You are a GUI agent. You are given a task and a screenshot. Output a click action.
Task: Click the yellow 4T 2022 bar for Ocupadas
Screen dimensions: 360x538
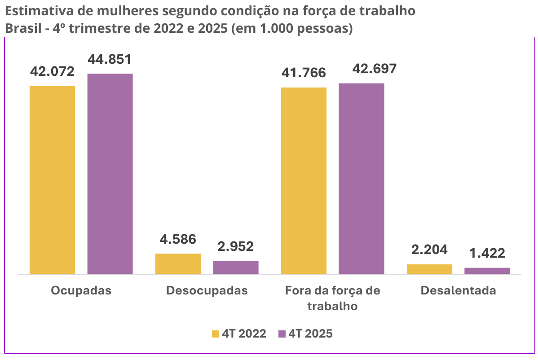click(x=52, y=180)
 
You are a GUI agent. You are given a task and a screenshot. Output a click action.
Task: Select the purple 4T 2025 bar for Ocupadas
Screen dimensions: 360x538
click(x=110, y=173)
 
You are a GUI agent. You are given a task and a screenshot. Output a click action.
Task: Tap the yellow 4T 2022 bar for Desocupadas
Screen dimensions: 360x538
click(x=178, y=263)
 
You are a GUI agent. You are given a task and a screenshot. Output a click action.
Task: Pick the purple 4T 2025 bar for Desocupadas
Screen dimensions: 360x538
click(x=236, y=267)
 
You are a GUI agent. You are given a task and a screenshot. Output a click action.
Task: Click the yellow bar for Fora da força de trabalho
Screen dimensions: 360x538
click(x=304, y=180)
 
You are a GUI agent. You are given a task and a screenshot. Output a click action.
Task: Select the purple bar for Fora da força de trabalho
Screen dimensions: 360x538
click(x=362, y=178)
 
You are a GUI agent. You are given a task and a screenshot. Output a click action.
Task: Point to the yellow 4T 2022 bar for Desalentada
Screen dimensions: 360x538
click(x=429, y=269)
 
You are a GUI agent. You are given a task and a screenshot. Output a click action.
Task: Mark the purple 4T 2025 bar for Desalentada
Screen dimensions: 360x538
click(x=487, y=271)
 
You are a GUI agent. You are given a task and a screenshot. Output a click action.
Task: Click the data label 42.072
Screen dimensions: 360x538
click(x=52, y=71)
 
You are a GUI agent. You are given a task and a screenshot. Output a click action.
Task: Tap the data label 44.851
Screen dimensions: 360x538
click(x=110, y=59)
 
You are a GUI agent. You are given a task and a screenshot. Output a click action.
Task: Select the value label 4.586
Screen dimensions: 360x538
click(x=178, y=239)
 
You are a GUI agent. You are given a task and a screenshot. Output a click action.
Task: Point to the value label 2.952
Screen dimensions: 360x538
click(x=235, y=246)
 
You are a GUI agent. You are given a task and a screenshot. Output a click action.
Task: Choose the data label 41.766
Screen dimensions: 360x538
click(x=304, y=73)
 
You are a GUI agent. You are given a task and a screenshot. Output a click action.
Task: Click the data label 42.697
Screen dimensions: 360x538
click(x=362, y=69)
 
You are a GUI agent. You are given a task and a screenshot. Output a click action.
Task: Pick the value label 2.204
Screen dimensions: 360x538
click(x=429, y=250)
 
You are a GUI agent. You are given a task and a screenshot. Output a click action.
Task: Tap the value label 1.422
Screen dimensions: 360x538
click(x=487, y=253)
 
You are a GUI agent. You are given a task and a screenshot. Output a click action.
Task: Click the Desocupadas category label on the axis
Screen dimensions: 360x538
click(x=207, y=290)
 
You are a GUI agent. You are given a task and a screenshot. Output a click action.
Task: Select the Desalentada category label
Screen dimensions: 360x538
click(x=458, y=290)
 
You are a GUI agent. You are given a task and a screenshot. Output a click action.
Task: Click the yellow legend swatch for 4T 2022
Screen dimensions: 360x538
click(x=215, y=334)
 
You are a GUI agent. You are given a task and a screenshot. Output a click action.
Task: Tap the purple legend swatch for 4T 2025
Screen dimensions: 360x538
click(x=282, y=334)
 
